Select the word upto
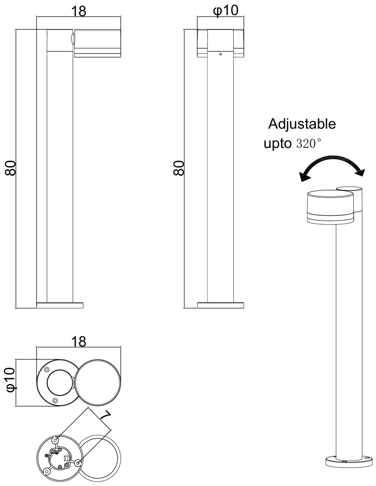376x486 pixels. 277,144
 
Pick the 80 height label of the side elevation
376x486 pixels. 10,168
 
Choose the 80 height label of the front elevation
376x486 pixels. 179,168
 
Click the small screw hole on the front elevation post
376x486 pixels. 220,54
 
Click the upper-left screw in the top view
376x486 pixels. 47,370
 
